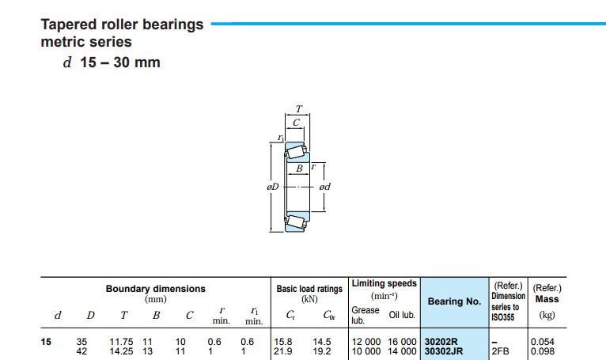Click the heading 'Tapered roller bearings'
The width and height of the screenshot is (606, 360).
click(122, 25)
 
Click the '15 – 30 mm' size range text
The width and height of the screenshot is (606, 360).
click(120, 63)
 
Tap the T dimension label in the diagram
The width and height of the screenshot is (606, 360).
click(299, 109)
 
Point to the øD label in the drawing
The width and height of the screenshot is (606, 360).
click(272, 187)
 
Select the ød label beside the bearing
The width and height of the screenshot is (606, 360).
click(324, 187)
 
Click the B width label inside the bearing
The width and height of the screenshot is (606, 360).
click(299, 169)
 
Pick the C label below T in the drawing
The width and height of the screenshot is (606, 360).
click(296, 123)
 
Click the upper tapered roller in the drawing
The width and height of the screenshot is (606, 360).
click(297, 150)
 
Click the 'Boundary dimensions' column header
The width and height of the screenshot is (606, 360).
click(155, 289)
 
